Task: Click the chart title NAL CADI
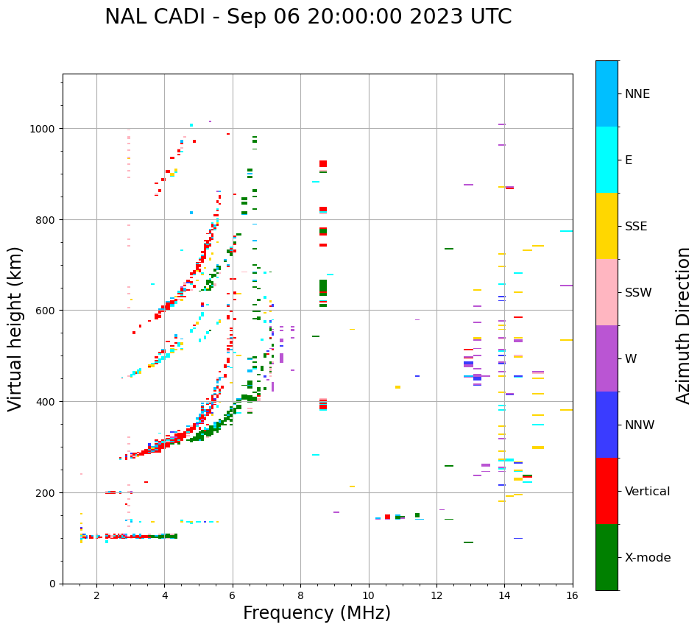click(x=308, y=17)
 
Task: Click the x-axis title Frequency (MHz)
click(x=317, y=613)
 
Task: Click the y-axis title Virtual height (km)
click(x=15, y=329)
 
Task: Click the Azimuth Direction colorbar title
click(x=684, y=325)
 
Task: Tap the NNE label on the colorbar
click(x=637, y=93)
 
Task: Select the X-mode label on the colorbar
click(x=648, y=557)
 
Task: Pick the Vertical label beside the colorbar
click(x=648, y=491)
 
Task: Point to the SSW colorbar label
click(x=638, y=292)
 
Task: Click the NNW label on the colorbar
click(x=640, y=425)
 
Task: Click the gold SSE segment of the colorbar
click(x=607, y=226)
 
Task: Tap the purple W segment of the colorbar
click(x=607, y=358)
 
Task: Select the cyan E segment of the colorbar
click(x=607, y=160)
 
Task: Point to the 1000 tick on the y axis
click(x=45, y=129)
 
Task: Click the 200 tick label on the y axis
click(x=48, y=492)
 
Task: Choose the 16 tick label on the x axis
click(x=572, y=595)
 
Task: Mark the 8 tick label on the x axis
click(x=300, y=595)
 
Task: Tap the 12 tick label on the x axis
click(x=436, y=595)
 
